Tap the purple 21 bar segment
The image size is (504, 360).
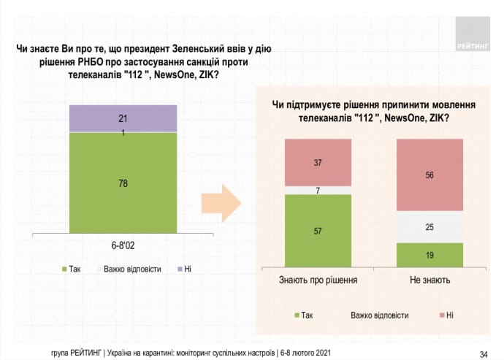pos(123,117)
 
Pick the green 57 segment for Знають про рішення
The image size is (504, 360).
pos(318,231)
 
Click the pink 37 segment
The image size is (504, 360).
pos(318,162)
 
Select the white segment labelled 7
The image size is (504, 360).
pos(318,190)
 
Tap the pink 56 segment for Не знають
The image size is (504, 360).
pos(429,175)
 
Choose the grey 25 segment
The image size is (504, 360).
pos(429,227)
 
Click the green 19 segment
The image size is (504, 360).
pos(429,255)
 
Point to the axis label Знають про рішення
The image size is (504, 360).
pos(318,280)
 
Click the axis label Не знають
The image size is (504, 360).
pos(429,280)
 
